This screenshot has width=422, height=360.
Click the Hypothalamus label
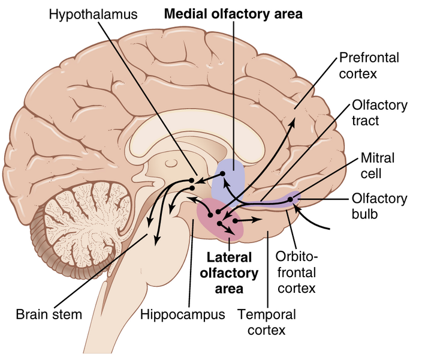pyautogui.click(x=98, y=13)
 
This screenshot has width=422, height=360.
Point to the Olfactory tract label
pyautogui.click(x=379, y=113)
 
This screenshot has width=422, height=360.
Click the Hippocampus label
pyautogui.click(x=182, y=314)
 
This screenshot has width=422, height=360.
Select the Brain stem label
pyautogui.click(x=49, y=314)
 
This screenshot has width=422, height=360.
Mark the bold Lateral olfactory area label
pyautogui.click(x=232, y=274)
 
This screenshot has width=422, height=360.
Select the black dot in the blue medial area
pyautogui.click(x=222, y=174)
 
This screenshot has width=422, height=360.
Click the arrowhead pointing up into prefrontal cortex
pyautogui.click(x=293, y=123)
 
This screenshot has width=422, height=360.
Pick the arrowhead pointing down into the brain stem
pyautogui.click(x=157, y=241)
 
